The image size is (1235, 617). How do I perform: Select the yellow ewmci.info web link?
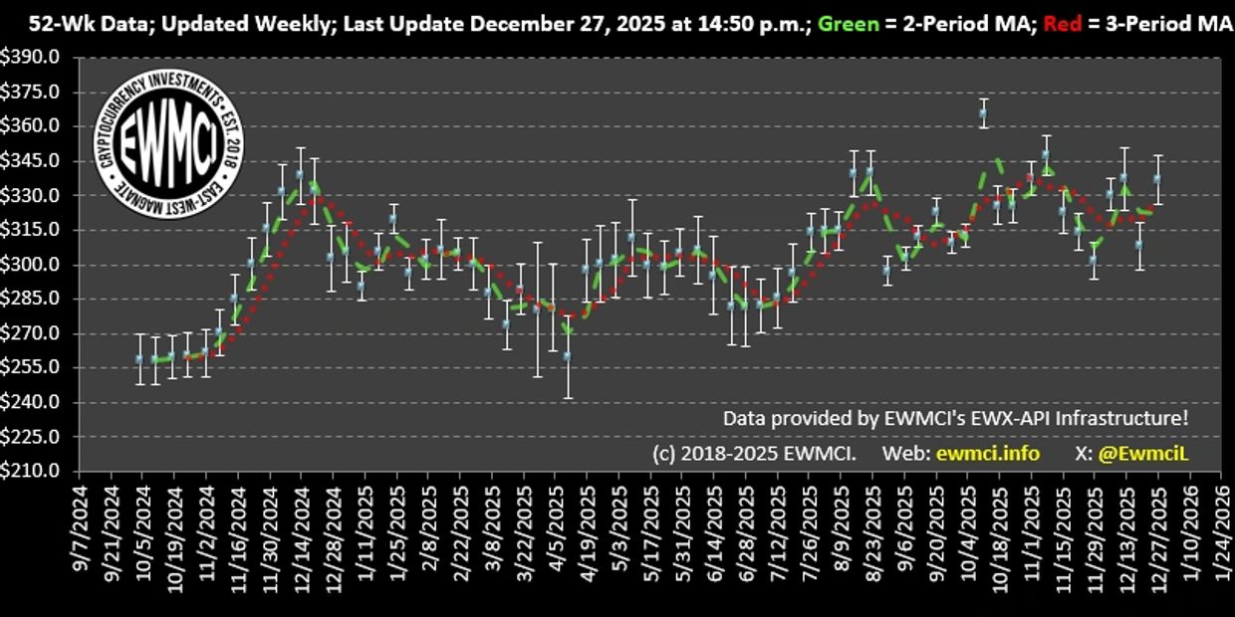point(987,454)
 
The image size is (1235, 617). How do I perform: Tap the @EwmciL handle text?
point(1144,454)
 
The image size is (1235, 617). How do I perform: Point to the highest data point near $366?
point(983,113)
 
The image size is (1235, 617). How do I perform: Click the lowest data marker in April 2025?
point(568,355)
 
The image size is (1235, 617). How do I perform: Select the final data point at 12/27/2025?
point(1157,179)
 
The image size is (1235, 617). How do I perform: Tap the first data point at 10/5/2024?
point(140,358)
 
